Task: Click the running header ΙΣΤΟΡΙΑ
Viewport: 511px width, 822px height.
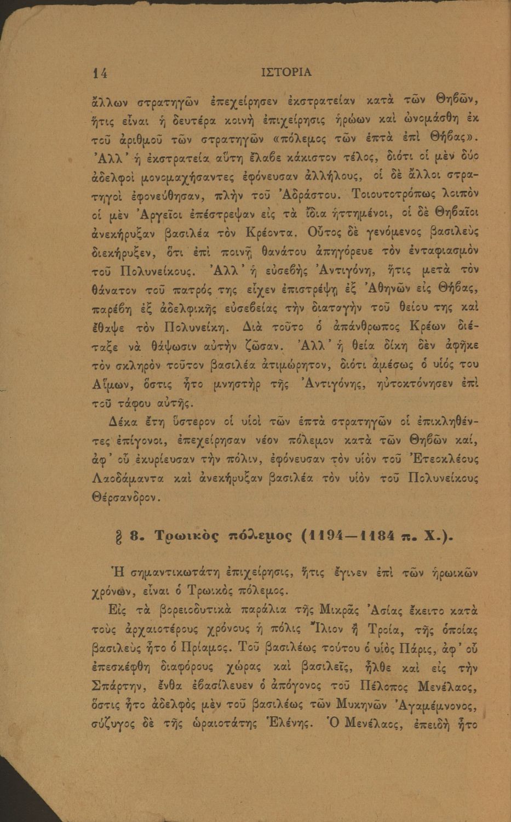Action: [x=286, y=72]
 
